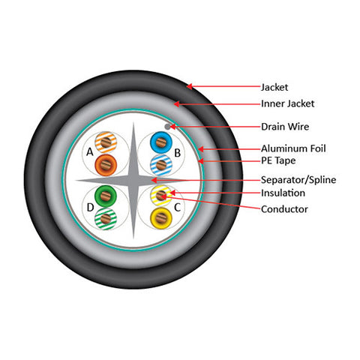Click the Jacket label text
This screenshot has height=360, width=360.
click(274, 87)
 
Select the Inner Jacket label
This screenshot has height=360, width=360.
click(287, 103)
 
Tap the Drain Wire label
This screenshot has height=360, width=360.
click(285, 127)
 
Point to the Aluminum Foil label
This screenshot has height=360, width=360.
click(293, 148)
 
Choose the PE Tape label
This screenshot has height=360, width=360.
click(278, 160)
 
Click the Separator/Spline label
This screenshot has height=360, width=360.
click(298, 180)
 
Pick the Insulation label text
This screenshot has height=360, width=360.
click(283, 193)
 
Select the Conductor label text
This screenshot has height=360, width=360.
click(284, 209)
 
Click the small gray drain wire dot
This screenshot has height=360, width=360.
click(167, 127)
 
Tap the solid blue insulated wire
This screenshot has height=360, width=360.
click(161, 142)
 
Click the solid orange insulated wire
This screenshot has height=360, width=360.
click(106, 165)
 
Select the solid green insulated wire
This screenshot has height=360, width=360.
click(106, 196)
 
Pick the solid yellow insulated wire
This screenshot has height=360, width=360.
click(161, 218)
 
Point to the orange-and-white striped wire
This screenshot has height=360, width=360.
click(106, 142)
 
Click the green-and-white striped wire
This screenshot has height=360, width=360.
click(106, 218)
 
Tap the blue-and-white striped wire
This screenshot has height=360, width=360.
click(161, 165)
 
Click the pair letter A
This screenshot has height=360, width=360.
click(89, 151)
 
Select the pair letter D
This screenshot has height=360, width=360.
click(90, 207)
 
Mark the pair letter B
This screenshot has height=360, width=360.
click(177, 153)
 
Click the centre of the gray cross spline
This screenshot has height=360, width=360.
click(133, 180)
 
